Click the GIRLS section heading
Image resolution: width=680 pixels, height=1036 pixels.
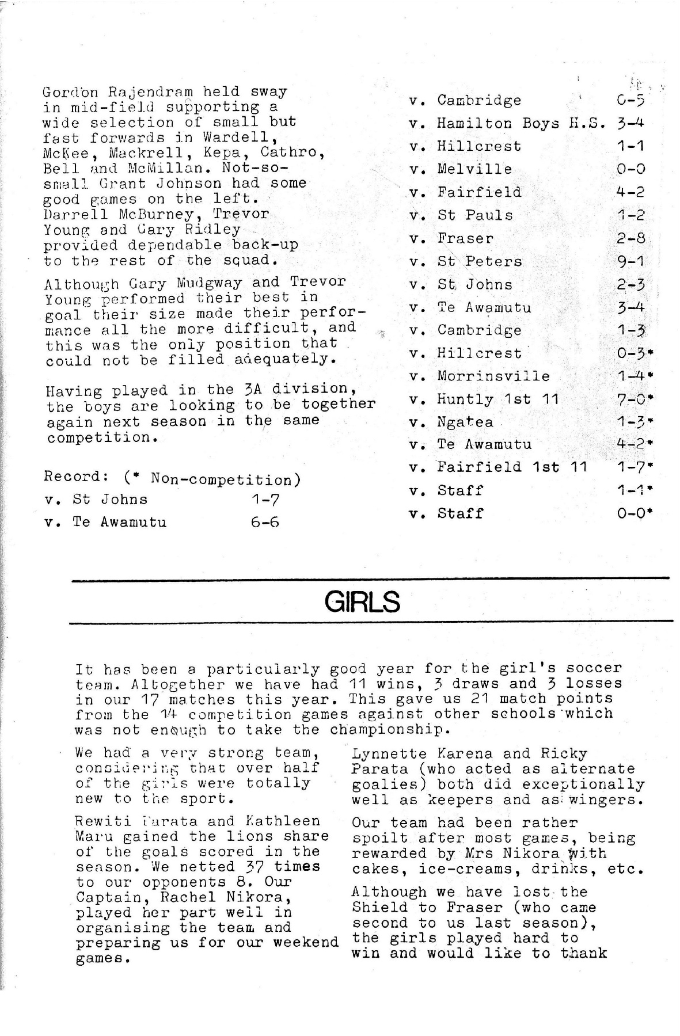click(x=362, y=602)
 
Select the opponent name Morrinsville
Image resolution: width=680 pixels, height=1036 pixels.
click(x=493, y=376)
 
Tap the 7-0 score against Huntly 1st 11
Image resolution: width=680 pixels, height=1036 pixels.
click(x=630, y=399)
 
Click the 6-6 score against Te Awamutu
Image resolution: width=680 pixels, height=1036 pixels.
click(x=265, y=522)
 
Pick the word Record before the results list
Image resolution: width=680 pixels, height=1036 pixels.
click(x=72, y=477)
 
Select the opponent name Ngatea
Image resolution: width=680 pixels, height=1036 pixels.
click(x=465, y=422)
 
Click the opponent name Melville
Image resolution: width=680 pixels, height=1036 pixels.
click(x=474, y=169)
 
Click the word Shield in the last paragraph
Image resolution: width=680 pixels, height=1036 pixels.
click(x=381, y=908)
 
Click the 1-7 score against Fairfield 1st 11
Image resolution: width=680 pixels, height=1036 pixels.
click(x=630, y=467)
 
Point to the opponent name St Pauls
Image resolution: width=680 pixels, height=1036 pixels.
click(x=474, y=215)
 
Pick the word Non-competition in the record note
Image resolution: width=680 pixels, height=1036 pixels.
click(x=222, y=478)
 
